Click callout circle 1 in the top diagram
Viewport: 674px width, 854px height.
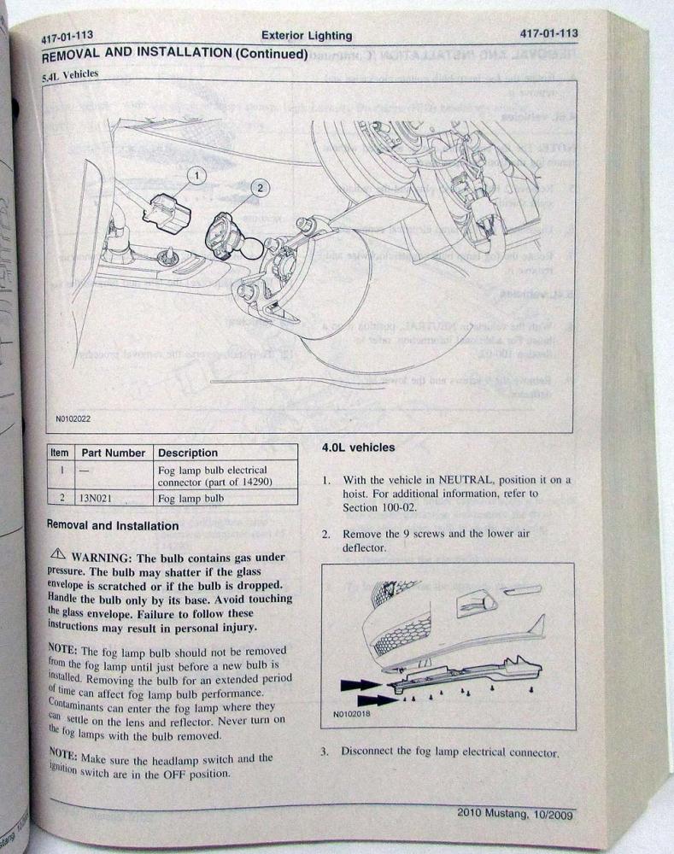pos(196,175)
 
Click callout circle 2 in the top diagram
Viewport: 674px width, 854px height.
pos(259,185)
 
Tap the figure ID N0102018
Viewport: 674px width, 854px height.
pos(345,716)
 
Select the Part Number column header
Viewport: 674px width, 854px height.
pos(113,453)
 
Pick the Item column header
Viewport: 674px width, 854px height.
pos(60,453)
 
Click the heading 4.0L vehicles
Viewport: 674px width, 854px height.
pos(358,447)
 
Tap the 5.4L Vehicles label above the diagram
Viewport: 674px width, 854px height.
pos(69,75)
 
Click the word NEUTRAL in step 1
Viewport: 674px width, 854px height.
pos(470,481)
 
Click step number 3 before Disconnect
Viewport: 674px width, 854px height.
pos(325,752)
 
